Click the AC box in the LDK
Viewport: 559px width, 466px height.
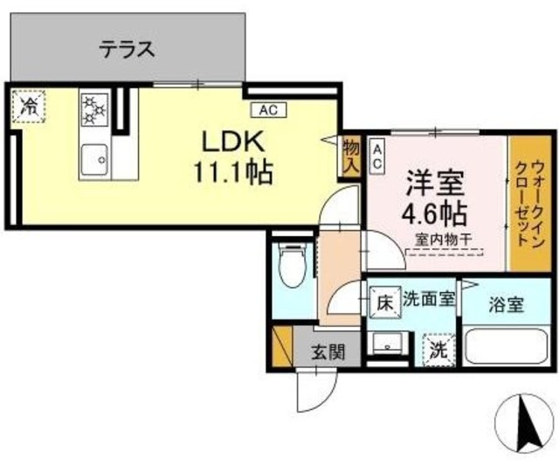tap(267, 109)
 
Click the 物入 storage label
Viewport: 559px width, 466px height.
tap(351, 156)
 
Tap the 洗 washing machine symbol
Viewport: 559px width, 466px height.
tap(439, 351)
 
